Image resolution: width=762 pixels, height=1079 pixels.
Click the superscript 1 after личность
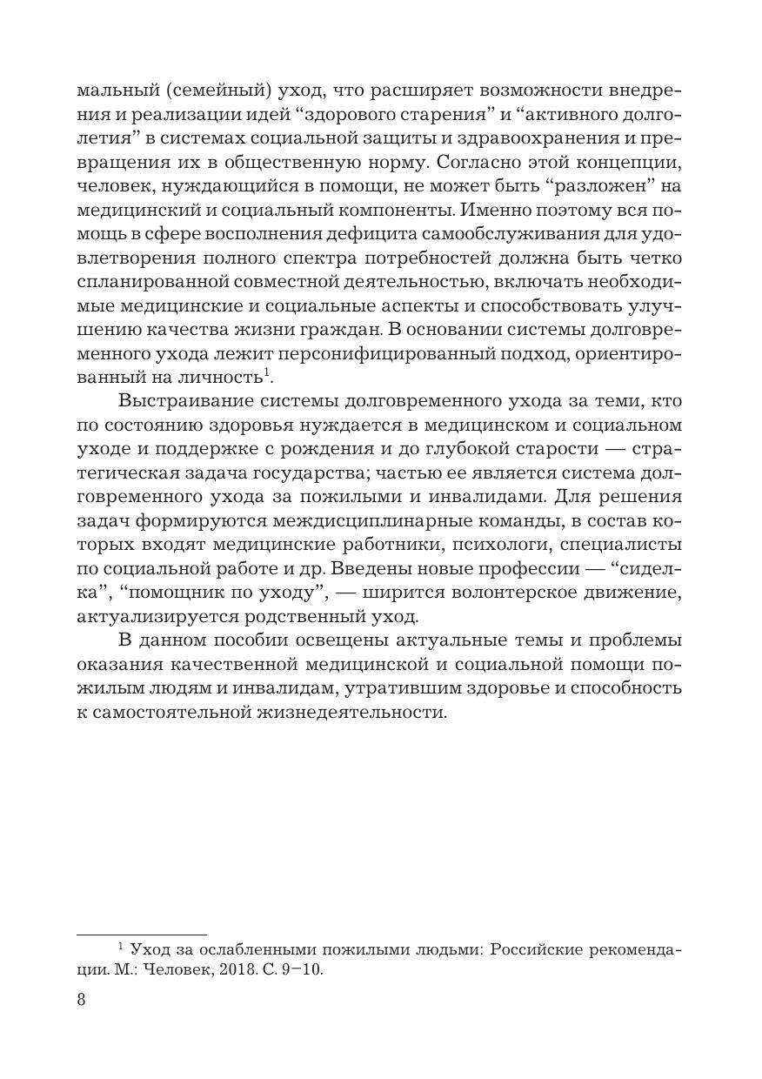click(x=266, y=372)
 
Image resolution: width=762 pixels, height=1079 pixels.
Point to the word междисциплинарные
click(x=365, y=520)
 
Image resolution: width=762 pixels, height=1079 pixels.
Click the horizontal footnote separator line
click(x=142, y=932)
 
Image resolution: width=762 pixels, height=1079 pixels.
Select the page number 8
click(x=82, y=999)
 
